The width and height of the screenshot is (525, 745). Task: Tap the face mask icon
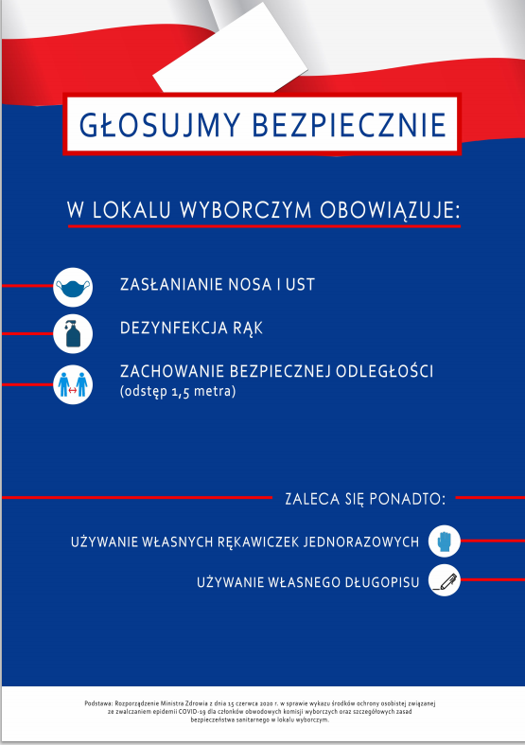click(73, 286)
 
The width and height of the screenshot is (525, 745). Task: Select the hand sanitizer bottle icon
click(73, 334)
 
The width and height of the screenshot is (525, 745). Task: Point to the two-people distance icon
click(73, 384)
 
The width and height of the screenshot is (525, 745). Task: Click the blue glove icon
click(445, 542)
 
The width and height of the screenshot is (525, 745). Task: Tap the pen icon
click(445, 579)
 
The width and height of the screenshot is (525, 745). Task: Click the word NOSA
click(249, 284)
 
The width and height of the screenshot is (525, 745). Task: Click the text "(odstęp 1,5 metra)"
click(177, 391)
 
